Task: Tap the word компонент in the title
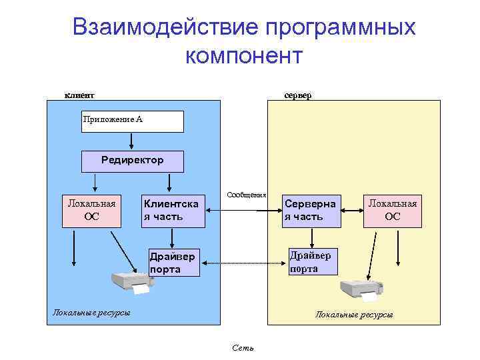[244, 55]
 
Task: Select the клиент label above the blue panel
[79, 95]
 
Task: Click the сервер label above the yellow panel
[297, 95]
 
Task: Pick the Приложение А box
[132, 121]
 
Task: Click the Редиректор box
[132, 161]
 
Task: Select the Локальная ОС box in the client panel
[92, 209]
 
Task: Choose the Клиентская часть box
[172, 210]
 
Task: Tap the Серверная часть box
[311, 210]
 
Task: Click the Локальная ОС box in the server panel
[393, 209]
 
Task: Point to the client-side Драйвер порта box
[173, 263]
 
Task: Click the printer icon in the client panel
[131, 283]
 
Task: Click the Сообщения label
[246, 195]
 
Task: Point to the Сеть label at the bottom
[243, 348]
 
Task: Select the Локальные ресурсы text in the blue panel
[91, 312]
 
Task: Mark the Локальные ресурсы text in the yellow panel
[354, 314]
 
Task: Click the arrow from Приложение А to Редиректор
[132, 141]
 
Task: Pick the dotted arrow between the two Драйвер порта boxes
[243, 264]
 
